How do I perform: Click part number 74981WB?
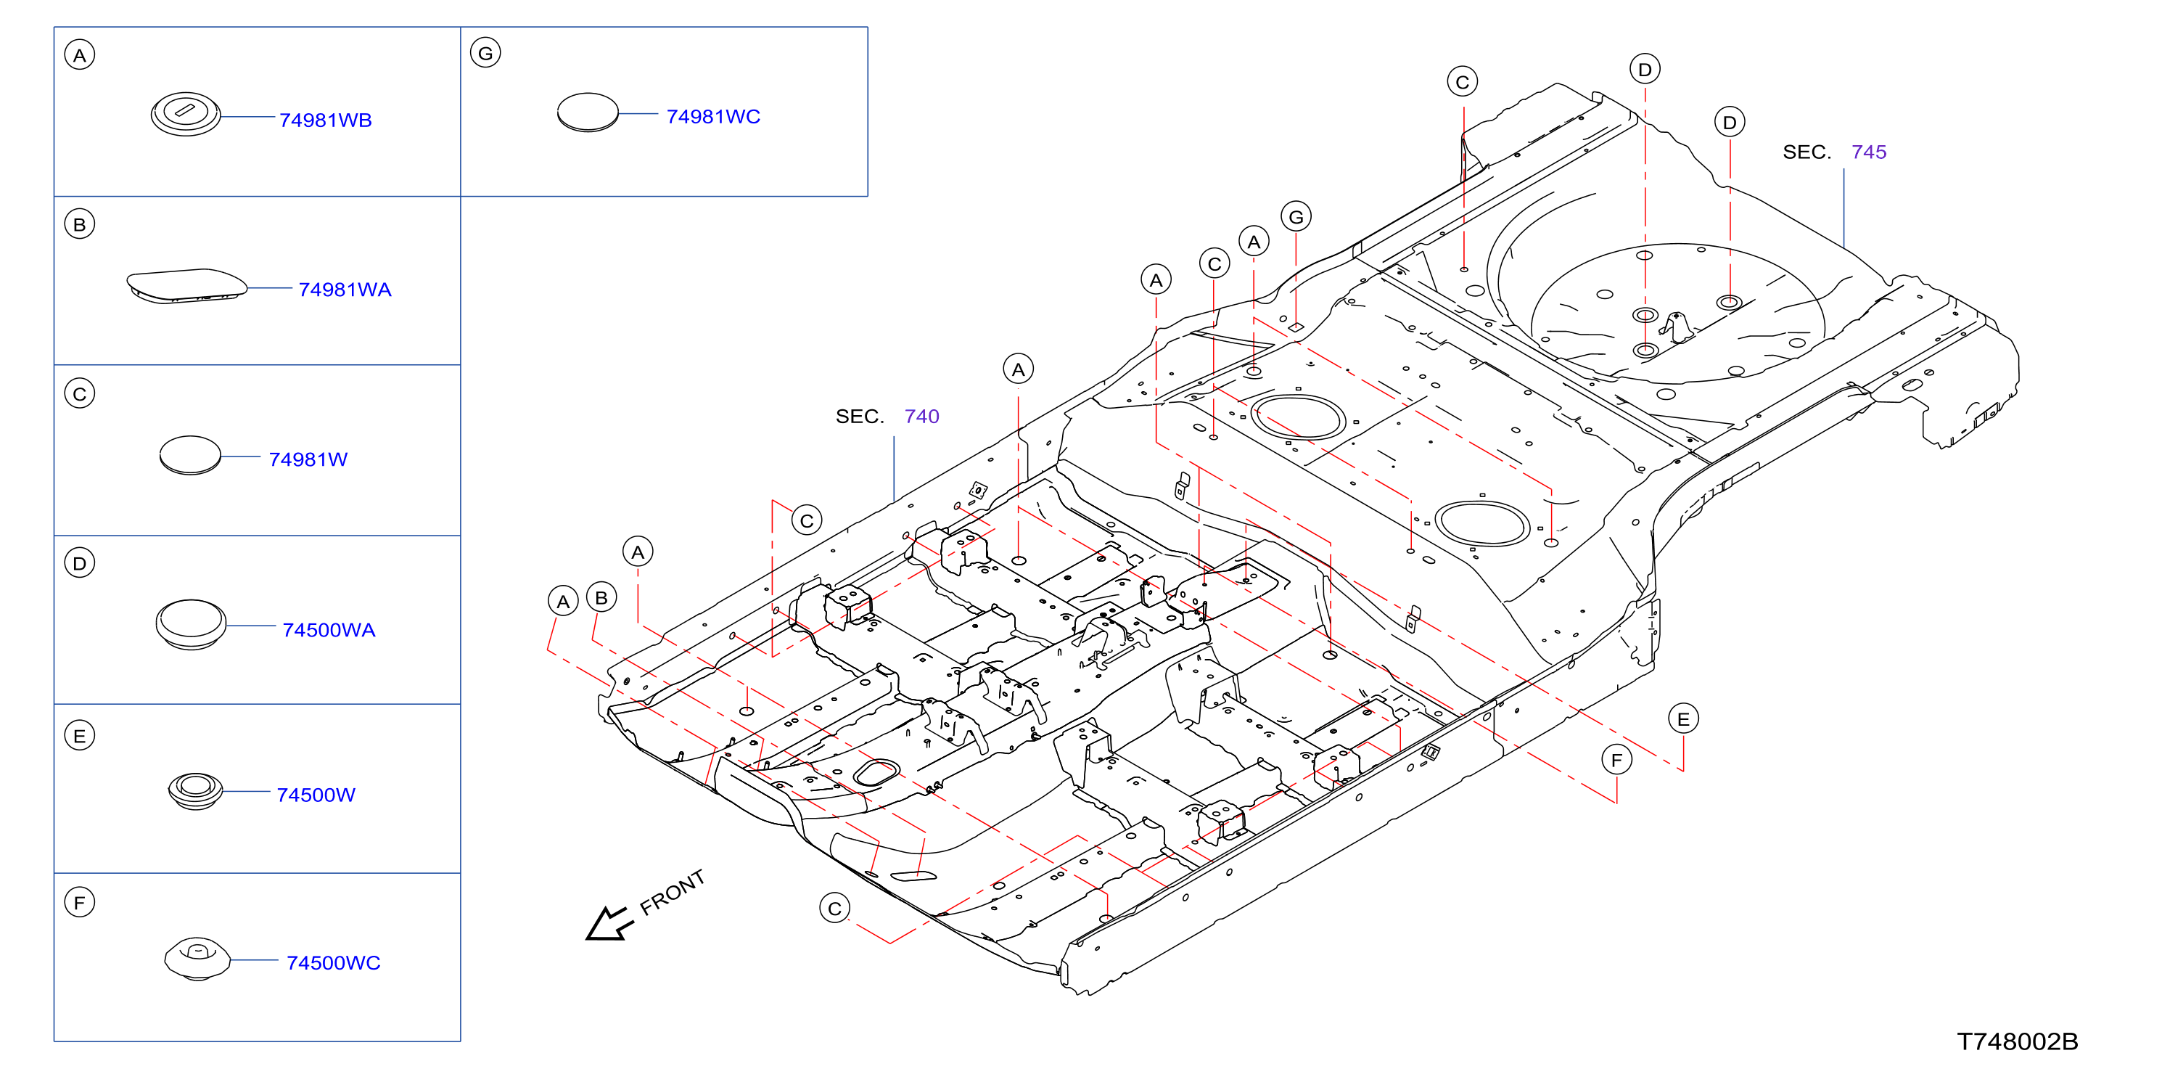point(325,120)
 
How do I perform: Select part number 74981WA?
point(345,290)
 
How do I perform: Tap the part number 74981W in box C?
point(308,459)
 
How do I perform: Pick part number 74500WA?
point(329,629)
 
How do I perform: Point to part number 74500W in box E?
point(316,794)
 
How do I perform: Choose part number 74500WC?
point(333,962)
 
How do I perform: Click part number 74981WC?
point(713,116)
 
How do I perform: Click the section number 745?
point(1868,152)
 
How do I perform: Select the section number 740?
point(921,417)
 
